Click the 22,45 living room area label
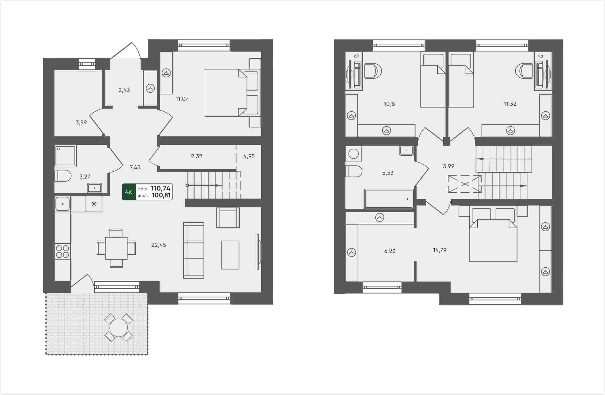pos(159,245)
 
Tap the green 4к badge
pos(129,192)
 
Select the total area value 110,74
pos(161,188)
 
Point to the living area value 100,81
pos(161,195)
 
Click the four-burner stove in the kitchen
pos(63,251)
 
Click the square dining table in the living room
pos(116,248)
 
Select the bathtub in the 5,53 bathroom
pos(389,199)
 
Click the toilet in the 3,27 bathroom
pos(63,176)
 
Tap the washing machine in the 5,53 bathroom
pos(353,154)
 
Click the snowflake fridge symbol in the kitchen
pos(94,204)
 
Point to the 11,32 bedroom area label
pos(510,104)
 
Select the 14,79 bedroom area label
pos(440,250)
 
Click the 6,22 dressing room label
pos(390,251)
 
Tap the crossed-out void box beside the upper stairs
pos(465,184)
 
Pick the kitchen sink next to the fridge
pos(63,204)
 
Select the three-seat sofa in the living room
pos(194,250)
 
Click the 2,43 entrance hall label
pos(124,90)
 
